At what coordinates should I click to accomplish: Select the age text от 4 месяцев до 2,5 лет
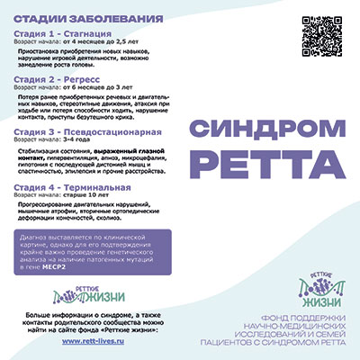pyautogui.click(x=95, y=41)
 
